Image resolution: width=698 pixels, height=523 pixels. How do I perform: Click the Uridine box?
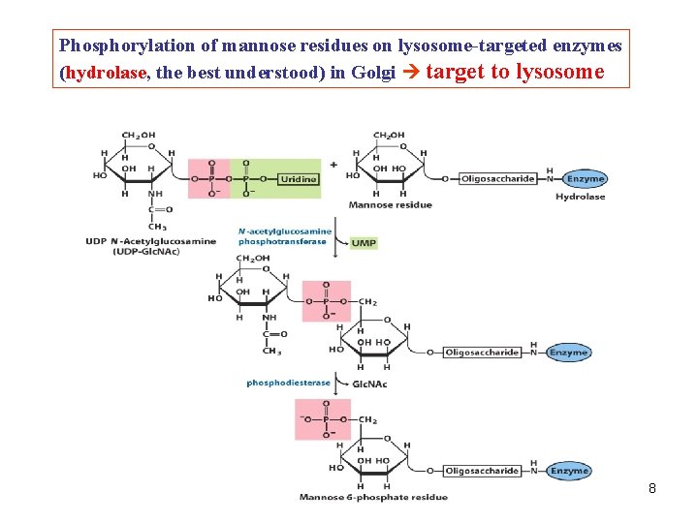[x=298, y=179]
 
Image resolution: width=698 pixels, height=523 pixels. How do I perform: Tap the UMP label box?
[x=364, y=243]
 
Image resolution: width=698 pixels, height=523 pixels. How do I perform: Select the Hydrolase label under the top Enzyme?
[x=580, y=197]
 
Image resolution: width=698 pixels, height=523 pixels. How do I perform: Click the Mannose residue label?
[x=390, y=205]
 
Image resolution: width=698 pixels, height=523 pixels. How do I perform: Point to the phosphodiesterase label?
[x=288, y=383]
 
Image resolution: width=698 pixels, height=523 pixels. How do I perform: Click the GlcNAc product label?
[x=370, y=384]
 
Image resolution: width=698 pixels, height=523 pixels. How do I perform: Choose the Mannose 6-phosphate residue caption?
[x=373, y=497]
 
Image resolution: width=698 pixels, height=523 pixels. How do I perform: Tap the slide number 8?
[x=652, y=488]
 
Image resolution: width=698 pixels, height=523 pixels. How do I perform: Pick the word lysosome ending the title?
[x=560, y=72]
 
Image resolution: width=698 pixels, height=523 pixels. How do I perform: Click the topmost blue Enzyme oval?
[x=586, y=178]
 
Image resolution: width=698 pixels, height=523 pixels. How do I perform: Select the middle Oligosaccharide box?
[x=482, y=353]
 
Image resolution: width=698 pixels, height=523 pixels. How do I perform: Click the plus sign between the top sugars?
[x=333, y=165]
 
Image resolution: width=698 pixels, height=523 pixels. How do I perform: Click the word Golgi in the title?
[x=373, y=74]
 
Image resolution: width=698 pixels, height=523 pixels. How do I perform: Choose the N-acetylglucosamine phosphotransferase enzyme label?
[x=285, y=236]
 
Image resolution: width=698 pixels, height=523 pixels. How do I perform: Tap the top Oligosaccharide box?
[x=497, y=178]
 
